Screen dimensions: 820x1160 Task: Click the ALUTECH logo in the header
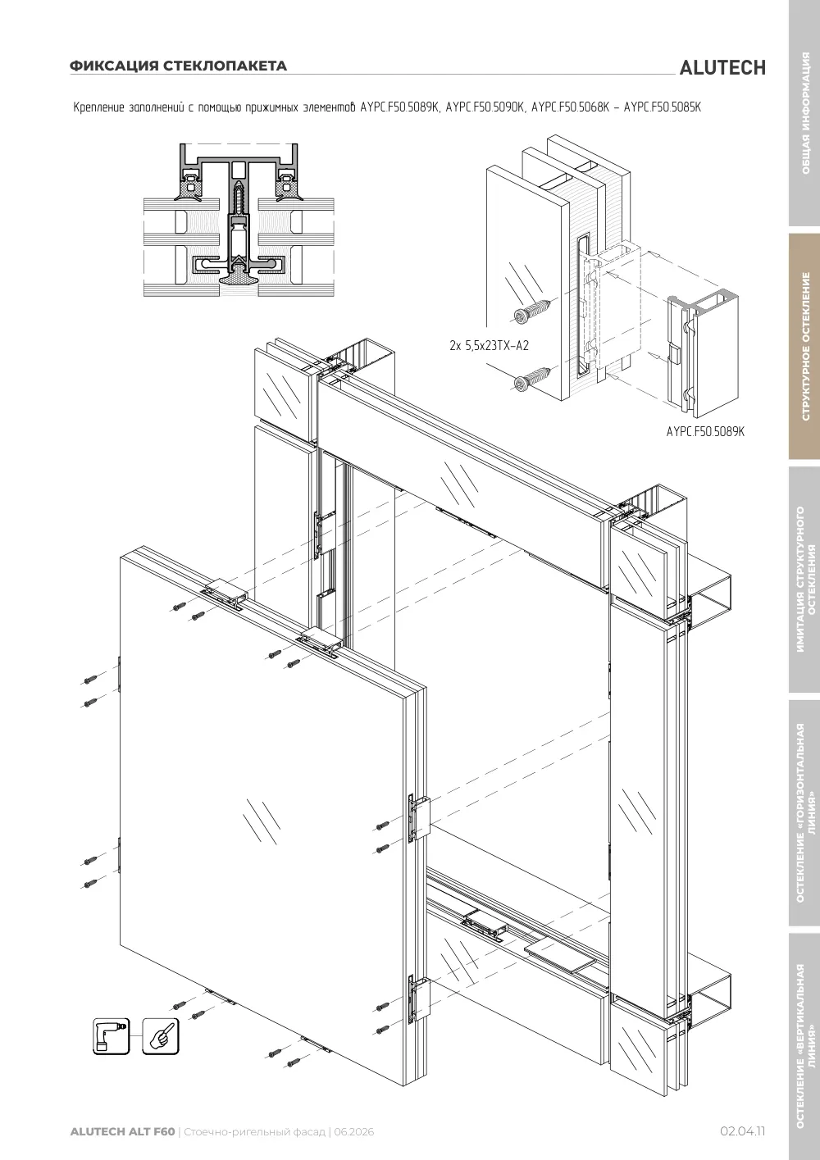point(722,68)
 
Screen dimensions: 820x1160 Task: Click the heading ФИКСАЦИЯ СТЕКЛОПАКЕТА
point(178,66)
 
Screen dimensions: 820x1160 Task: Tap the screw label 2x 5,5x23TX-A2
point(489,345)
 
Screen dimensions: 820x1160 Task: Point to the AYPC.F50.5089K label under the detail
point(705,431)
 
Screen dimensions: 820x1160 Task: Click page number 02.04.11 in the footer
point(742,1131)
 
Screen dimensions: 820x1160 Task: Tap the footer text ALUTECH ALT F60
point(122,1131)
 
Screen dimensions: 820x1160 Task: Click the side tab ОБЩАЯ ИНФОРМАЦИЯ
point(805,113)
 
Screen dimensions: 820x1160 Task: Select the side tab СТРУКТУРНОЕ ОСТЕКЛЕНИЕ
point(805,347)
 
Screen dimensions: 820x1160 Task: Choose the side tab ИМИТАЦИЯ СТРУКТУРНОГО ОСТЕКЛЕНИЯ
point(805,580)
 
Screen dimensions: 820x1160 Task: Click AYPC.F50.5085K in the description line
point(662,107)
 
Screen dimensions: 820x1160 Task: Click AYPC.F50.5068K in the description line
point(571,107)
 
